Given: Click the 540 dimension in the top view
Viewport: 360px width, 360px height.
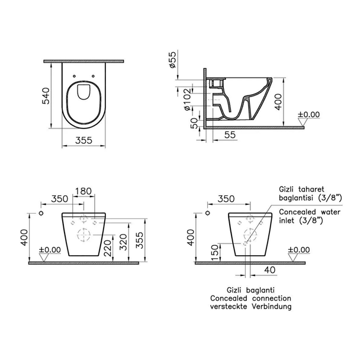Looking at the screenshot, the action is click(46, 96).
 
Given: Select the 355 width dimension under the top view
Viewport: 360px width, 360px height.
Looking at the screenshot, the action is click(83, 140).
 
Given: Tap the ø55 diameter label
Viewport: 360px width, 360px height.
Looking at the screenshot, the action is click(172, 60).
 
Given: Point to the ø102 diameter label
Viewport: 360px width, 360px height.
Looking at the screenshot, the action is click(188, 99).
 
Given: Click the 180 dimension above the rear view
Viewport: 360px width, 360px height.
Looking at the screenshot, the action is click(83, 191).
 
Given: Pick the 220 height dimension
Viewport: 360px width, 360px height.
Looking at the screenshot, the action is click(107, 248).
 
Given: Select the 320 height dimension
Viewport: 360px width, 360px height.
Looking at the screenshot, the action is click(123, 242).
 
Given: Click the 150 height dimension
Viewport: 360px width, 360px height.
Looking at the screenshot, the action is click(214, 253).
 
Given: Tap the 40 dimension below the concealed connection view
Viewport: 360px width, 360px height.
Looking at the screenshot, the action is click(270, 270).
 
